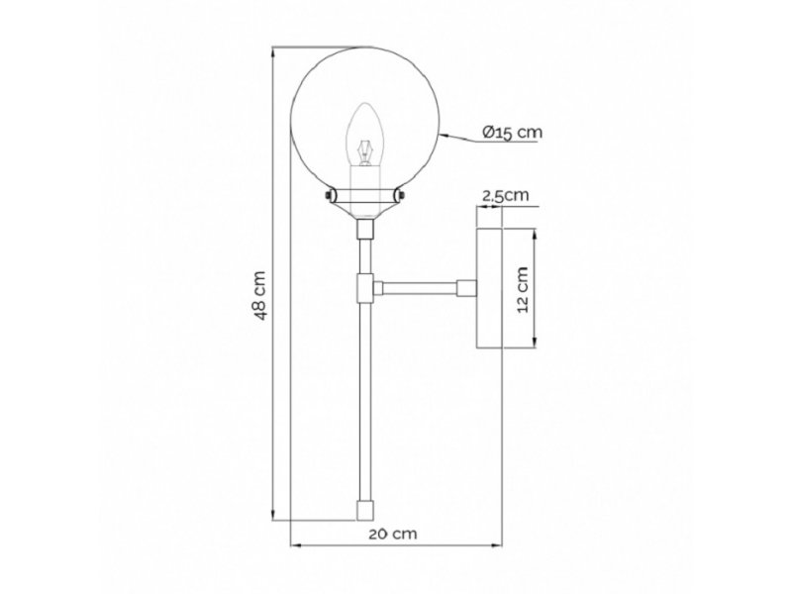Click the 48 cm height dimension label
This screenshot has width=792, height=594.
coord(259,295)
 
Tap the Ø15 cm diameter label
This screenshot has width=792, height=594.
coord(512,133)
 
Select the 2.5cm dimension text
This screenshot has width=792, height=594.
coord(505,195)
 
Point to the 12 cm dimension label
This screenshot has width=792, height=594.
coord(523,289)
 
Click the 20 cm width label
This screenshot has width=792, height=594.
coord(392,534)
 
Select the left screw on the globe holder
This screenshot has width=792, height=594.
coord(329,195)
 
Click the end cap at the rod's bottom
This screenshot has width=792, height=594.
coord(364,510)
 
